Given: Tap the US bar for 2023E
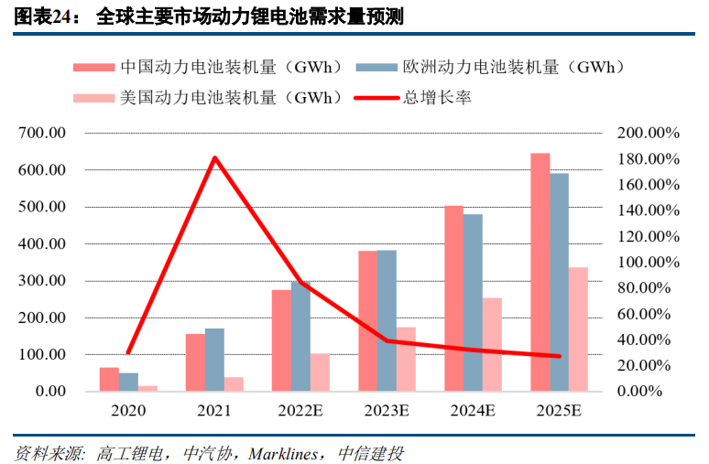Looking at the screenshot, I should tap(406, 359).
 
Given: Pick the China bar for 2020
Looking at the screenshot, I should tap(109, 379).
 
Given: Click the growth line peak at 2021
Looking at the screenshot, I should tap(214, 158).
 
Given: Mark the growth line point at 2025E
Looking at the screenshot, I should tap(560, 356).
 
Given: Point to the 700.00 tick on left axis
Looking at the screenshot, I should tap(42, 134).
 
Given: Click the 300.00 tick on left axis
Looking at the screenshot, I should tap(42, 281).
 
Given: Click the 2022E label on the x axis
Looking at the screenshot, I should tap(300, 411).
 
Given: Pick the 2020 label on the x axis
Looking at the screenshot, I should tap(127, 411).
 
